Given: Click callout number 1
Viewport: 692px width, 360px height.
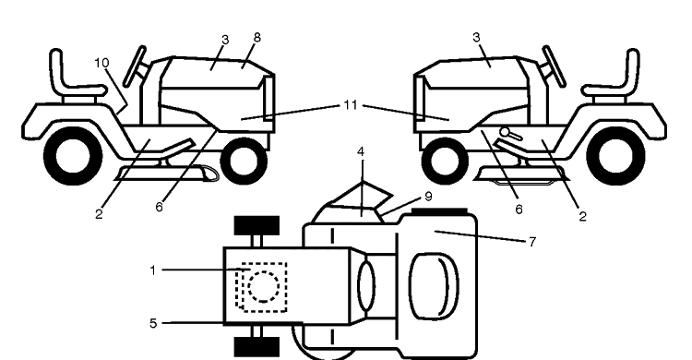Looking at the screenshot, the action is tap(152, 270).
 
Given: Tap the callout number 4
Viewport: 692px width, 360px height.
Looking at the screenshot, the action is tap(361, 152).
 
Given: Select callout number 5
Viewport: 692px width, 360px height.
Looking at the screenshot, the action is tap(152, 323).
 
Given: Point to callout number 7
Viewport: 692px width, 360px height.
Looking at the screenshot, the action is tap(532, 242).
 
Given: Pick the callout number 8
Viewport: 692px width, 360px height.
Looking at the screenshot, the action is tap(257, 38).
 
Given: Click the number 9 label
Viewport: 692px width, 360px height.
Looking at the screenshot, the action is tap(427, 196).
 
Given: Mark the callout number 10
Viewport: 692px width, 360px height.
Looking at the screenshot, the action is tap(101, 63).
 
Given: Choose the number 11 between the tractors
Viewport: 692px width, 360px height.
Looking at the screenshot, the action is tap(350, 105).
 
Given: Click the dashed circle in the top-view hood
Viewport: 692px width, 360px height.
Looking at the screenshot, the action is tap(264, 287).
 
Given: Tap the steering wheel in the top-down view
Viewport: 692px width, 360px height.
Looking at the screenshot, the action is tap(366, 286).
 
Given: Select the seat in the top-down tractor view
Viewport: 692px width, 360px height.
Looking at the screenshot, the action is tap(434, 286).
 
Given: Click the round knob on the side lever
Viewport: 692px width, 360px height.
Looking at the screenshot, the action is tap(505, 132).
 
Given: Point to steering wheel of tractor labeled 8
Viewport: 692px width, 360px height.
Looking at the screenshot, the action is tap(134, 66).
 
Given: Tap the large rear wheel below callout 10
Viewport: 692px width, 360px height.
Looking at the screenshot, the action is tap(73, 155).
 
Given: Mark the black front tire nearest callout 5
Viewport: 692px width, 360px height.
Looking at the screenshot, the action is tap(257, 347).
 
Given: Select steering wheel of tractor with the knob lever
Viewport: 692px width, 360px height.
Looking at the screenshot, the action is tap(554, 66).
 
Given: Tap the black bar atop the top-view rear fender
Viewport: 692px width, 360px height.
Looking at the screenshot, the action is tap(439, 211).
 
